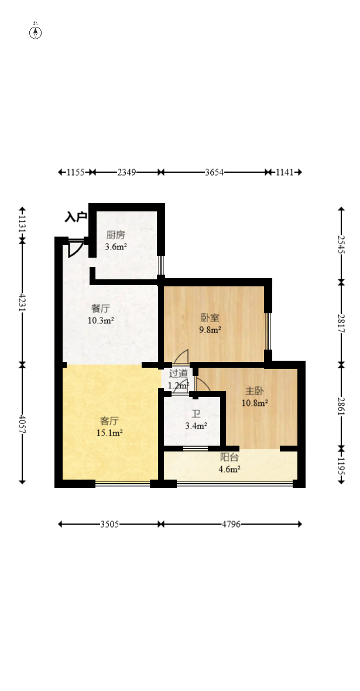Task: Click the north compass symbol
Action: point(35,32)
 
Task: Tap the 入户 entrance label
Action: point(76,217)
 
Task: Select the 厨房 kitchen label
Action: point(115,235)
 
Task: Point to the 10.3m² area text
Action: point(101,320)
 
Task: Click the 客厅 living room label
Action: point(109,421)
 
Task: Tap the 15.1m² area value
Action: point(109,433)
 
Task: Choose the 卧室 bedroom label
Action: point(210,318)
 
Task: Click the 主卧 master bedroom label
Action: point(255,391)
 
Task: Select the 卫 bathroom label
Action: point(196,414)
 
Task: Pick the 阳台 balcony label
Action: point(229,457)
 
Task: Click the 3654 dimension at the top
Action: point(214,172)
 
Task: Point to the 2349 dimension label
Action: point(126,172)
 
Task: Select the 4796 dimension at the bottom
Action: point(231,525)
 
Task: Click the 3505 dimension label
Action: point(109,525)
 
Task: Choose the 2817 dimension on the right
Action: point(341,323)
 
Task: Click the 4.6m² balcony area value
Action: point(229,469)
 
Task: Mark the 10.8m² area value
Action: point(255,403)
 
